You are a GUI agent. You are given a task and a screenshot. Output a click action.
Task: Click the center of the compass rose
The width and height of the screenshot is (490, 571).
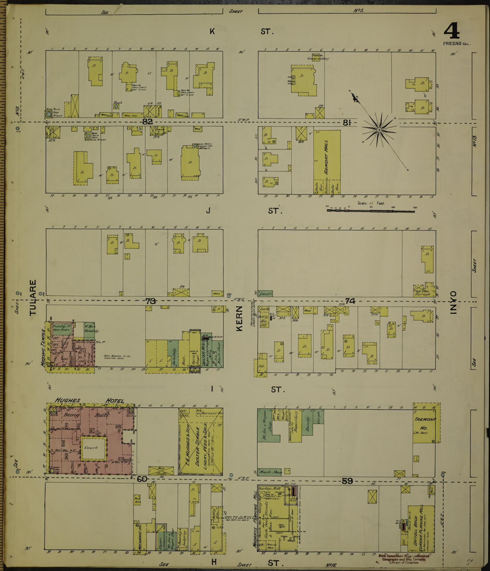pyautogui.click(x=379, y=130)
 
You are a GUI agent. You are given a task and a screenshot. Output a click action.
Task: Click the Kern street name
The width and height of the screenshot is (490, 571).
pyautogui.click(x=239, y=318)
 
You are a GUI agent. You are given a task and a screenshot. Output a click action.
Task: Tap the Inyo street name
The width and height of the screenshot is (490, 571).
pyautogui.click(x=454, y=303)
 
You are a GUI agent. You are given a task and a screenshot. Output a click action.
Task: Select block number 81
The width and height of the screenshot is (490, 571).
pyautogui.click(x=347, y=123)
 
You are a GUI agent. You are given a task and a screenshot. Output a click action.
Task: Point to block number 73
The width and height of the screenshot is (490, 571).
pyautogui.click(x=150, y=300)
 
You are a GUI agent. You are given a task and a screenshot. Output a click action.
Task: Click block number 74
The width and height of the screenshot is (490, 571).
pyautogui.click(x=350, y=301)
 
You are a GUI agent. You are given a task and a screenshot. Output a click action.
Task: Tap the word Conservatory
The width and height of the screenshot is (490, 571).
pyautogui.click(x=318, y=58)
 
